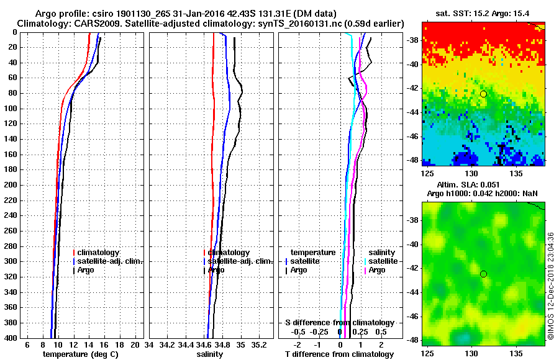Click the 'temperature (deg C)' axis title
[x=80, y=354]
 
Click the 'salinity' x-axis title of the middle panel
[x=209, y=354]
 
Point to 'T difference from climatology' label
[x=339, y=354]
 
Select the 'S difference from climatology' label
[x=339, y=323]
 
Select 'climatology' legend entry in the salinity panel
[x=229, y=253]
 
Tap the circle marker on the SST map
[x=483, y=94]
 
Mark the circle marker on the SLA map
[x=483, y=274]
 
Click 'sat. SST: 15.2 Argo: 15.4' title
[x=483, y=14]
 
